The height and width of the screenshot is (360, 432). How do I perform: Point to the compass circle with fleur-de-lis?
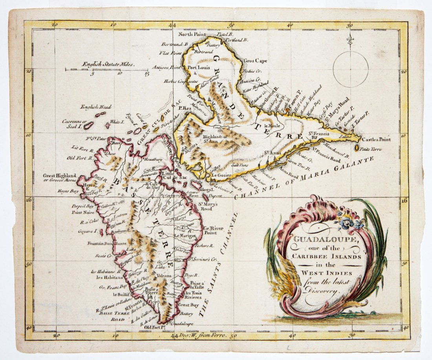click(x=350, y=68)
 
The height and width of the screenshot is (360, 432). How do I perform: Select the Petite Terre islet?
click(x=357, y=148)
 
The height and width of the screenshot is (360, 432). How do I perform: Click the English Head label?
click(x=96, y=107)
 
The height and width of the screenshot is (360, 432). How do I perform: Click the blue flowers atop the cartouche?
click(x=351, y=221)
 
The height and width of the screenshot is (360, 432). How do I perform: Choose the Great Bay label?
click(x=187, y=305)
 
